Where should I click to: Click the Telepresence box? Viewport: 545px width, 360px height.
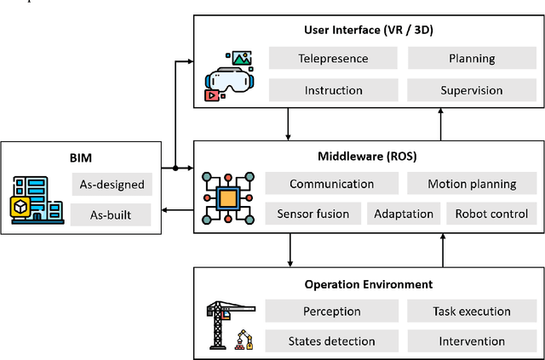(333, 59)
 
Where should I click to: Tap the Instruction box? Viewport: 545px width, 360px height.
(333, 89)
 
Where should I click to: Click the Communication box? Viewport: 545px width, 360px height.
(331, 184)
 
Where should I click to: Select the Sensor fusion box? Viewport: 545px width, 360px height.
(313, 214)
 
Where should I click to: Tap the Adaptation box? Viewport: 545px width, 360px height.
(404, 214)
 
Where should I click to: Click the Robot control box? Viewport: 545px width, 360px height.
(491, 214)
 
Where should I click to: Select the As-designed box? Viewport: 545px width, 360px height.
(112, 184)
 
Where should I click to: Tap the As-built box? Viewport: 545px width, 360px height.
(112, 214)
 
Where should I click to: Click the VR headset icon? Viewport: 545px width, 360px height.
(229, 77)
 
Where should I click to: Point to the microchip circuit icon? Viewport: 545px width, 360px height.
(228, 199)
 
